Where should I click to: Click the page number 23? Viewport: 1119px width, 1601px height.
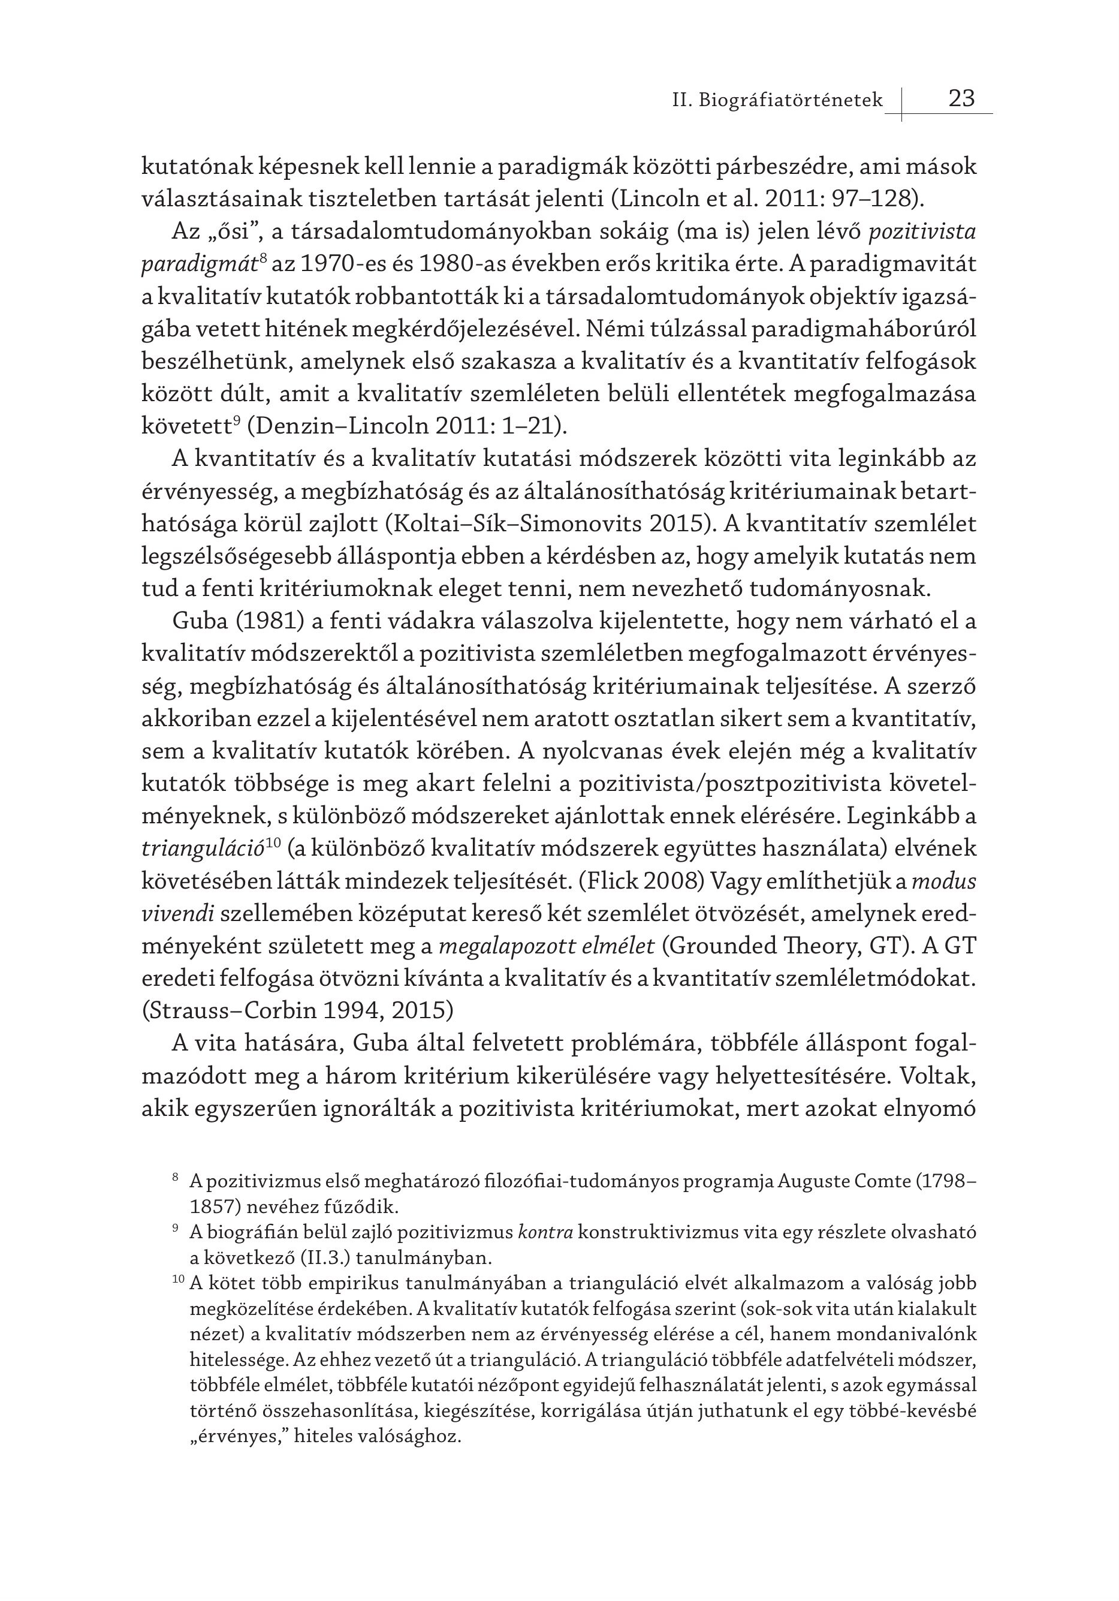click(x=961, y=98)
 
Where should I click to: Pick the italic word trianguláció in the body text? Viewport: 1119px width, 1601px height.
click(x=202, y=848)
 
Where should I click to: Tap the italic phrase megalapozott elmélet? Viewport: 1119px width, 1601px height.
click(x=547, y=946)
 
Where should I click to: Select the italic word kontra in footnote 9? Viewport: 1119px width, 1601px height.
click(x=545, y=1232)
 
